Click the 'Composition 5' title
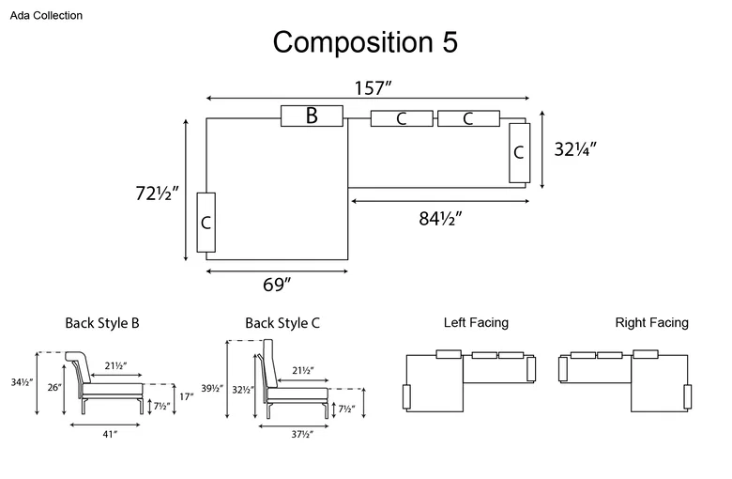pyautogui.click(x=365, y=42)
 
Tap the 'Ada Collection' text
pyautogui.click(x=46, y=15)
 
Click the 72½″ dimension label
pyautogui.click(x=157, y=193)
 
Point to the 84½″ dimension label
pyautogui.click(x=440, y=218)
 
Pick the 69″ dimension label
pyautogui.click(x=276, y=285)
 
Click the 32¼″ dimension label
pyautogui.click(x=575, y=149)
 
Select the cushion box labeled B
pyautogui.click(x=312, y=116)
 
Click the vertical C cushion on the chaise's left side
pyautogui.click(x=206, y=223)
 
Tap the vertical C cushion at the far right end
pyautogui.click(x=520, y=153)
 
